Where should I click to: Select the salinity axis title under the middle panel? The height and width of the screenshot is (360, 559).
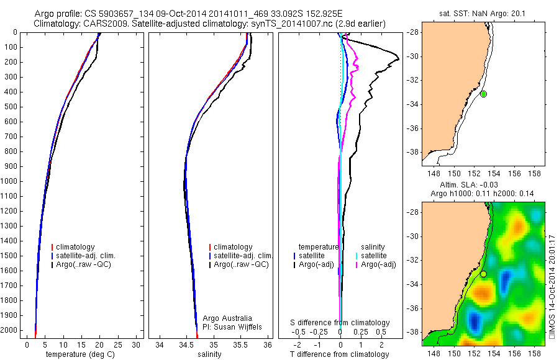pyautogui.click(x=209, y=354)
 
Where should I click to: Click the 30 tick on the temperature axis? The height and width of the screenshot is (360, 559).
pyautogui.click(x=136, y=344)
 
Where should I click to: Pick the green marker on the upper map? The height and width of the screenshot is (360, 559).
pyautogui.click(x=483, y=94)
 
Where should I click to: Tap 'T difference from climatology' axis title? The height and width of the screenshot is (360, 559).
pyautogui.click(x=340, y=354)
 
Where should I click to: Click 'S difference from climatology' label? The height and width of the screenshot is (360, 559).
pyautogui.click(x=340, y=323)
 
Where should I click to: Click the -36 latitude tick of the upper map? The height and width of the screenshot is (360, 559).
pyautogui.click(x=413, y=128)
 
